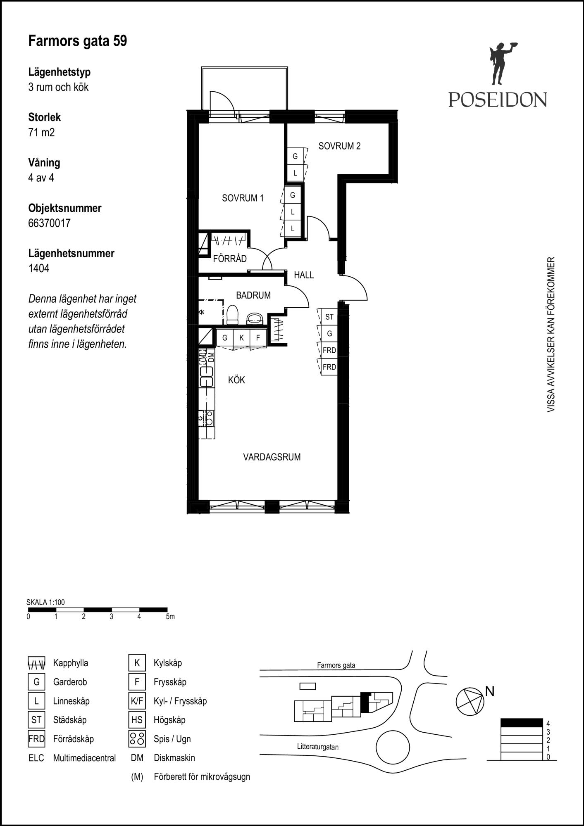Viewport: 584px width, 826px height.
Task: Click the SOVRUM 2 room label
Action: click(x=339, y=146)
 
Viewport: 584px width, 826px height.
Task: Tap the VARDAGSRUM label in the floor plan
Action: click(x=272, y=457)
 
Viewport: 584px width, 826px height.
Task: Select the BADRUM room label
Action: click(x=253, y=295)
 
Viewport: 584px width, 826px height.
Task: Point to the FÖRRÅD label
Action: click(x=230, y=259)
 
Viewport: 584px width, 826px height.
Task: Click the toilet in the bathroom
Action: click(x=233, y=315)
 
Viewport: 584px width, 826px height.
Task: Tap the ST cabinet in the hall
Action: click(x=329, y=317)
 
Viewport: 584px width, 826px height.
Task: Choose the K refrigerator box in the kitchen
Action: click(x=241, y=337)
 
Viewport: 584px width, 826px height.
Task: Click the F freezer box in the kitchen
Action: click(x=258, y=337)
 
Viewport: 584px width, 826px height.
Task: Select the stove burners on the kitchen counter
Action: click(x=210, y=418)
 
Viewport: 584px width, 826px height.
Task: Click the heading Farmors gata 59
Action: click(x=78, y=41)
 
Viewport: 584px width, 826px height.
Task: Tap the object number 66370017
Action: click(x=49, y=223)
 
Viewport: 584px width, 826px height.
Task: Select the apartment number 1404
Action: click(x=39, y=268)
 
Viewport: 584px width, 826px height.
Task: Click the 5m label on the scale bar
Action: click(x=170, y=617)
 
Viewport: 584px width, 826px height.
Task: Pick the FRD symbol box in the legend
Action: click(x=36, y=739)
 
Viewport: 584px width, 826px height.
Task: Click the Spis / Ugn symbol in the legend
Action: click(x=137, y=739)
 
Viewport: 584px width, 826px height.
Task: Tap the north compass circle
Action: click(x=470, y=702)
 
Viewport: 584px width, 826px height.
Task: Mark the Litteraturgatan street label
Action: click(x=318, y=747)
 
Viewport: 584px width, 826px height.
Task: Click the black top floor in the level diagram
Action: click(x=522, y=723)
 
